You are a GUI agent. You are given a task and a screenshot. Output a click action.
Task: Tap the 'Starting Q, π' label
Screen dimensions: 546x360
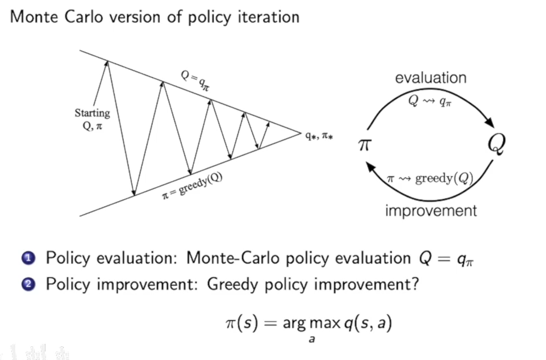click(91, 119)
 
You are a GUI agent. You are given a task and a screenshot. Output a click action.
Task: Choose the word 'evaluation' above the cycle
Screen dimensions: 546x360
click(430, 78)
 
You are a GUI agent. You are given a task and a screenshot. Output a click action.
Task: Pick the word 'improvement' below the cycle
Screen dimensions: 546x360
click(431, 211)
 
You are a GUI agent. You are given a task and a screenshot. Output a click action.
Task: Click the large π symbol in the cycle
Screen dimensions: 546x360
click(364, 144)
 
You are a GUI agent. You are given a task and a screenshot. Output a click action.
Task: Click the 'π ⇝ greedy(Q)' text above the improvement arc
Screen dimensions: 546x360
click(430, 179)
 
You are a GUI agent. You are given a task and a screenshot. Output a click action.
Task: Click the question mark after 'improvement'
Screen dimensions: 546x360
click(416, 283)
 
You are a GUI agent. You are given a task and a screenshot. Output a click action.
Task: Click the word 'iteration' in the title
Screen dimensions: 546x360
click(266, 16)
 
